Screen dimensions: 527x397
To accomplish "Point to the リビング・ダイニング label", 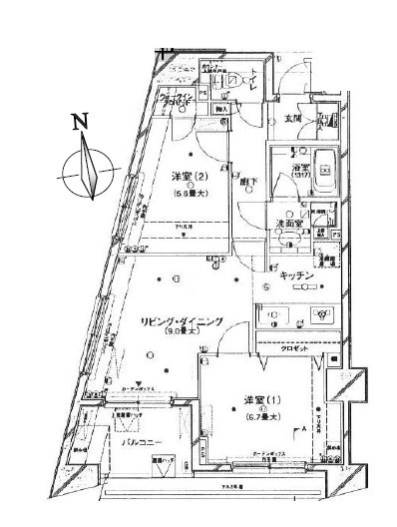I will (181, 321).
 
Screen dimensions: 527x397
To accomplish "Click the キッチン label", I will (296, 274).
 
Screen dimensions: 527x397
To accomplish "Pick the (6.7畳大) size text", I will (263, 415).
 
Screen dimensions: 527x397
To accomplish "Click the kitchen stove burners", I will (323, 314).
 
